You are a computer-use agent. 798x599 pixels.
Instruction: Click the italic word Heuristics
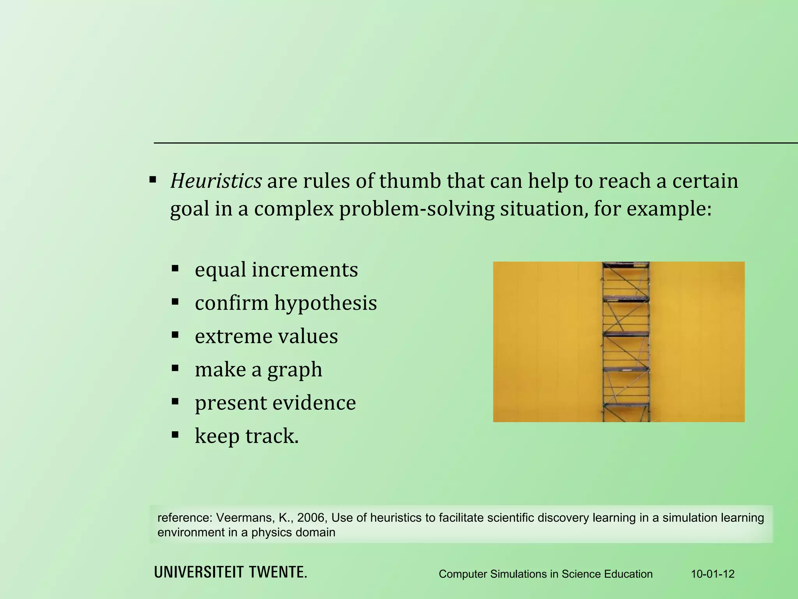coord(216,181)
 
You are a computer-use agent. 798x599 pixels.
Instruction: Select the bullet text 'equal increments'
coord(276,269)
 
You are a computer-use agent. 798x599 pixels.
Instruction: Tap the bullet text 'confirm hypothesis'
coord(286,303)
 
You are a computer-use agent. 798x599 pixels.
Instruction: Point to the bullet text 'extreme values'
coord(266,336)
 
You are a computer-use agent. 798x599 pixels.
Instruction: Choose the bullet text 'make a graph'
coord(258,369)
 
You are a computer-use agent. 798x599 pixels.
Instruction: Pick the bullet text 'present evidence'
coord(275,402)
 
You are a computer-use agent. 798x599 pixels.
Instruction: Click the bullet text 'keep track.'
coord(246,436)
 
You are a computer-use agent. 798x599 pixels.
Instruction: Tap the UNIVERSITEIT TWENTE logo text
coord(231,572)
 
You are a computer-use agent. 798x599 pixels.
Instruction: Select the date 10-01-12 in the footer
coord(713,574)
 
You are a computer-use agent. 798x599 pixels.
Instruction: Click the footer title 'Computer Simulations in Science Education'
coord(546,574)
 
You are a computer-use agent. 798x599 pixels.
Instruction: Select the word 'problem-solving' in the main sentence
coord(417,209)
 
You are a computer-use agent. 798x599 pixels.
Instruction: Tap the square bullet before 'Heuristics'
coord(153,180)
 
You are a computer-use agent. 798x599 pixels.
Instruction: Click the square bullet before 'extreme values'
coord(175,335)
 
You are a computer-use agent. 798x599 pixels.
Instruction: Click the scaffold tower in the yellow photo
coord(626,342)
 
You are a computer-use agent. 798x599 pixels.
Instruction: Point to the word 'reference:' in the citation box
coord(185,517)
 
